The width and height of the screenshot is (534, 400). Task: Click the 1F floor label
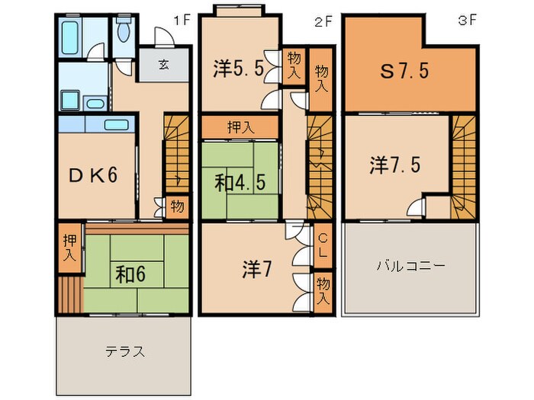(181, 21)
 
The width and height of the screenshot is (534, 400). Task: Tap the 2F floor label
(323, 21)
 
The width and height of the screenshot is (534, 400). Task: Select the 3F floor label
(467, 21)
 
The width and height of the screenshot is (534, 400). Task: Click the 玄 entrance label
(163, 65)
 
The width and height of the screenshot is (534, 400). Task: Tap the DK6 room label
(93, 175)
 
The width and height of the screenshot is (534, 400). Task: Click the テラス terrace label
(125, 351)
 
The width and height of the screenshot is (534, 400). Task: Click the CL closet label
(322, 246)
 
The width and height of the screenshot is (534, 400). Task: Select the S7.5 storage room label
(405, 71)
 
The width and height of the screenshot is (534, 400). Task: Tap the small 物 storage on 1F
(176, 206)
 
